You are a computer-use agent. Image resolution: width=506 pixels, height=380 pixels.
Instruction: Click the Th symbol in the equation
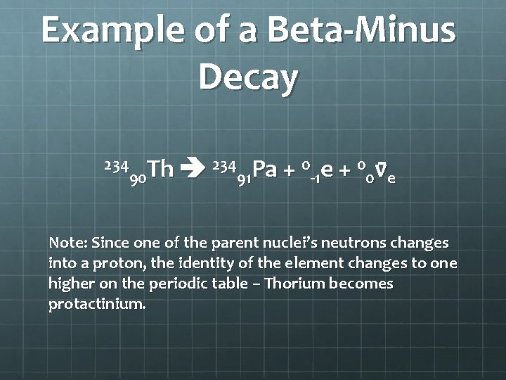(162, 170)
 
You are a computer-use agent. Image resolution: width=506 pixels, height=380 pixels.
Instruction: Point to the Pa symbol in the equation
(264, 170)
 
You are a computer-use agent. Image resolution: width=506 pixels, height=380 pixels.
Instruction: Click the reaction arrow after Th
(192, 169)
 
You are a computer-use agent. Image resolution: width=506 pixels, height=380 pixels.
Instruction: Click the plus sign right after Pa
(288, 170)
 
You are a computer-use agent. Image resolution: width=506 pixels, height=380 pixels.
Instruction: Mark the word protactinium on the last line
(97, 305)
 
